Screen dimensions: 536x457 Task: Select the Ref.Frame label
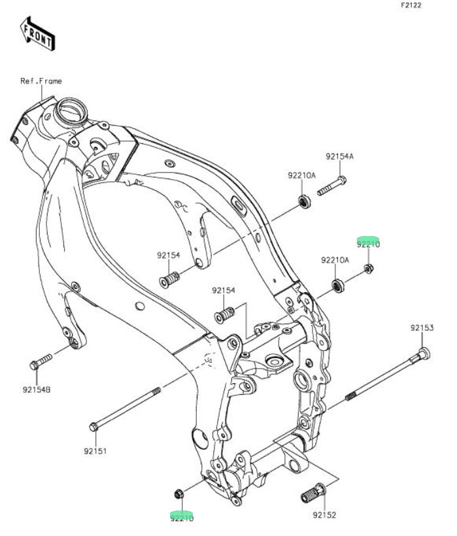click(x=41, y=81)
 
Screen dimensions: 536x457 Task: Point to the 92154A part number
click(x=339, y=157)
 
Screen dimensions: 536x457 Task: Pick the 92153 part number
click(x=422, y=327)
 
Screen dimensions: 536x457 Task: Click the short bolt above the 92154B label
click(x=40, y=361)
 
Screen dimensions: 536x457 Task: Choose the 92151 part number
click(x=95, y=451)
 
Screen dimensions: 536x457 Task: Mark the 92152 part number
click(x=324, y=515)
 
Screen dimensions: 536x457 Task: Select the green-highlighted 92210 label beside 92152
click(x=182, y=516)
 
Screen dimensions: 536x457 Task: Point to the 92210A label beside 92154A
click(x=301, y=175)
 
